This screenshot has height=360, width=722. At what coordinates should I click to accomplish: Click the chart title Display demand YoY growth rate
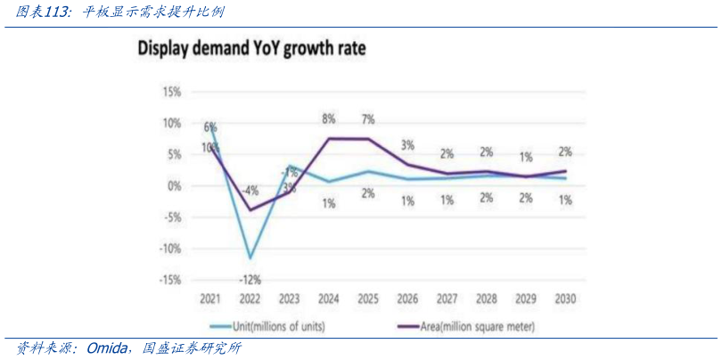click(250, 48)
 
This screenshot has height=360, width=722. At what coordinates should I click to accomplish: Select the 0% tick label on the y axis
click(175, 185)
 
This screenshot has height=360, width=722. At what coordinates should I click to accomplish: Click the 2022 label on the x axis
click(250, 299)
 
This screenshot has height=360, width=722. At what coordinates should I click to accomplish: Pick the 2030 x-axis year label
click(564, 299)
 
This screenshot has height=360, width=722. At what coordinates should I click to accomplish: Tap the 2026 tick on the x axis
click(407, 299)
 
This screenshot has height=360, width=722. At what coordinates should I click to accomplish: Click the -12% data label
click(250, 280)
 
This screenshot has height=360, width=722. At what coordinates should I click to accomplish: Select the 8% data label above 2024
click(329, 119)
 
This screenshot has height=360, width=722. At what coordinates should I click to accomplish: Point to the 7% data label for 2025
click(368, 119)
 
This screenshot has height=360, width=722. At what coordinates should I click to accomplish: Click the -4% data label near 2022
click(250, 190)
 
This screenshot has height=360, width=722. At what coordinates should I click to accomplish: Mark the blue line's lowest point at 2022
click(250, 258)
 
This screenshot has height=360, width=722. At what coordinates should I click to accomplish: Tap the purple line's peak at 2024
click(329, 138)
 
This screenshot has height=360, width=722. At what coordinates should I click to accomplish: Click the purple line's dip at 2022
click(250, 210)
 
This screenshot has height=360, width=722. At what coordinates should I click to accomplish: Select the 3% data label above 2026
click(407, 145)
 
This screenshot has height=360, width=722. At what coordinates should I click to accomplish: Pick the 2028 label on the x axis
click(486, 299)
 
